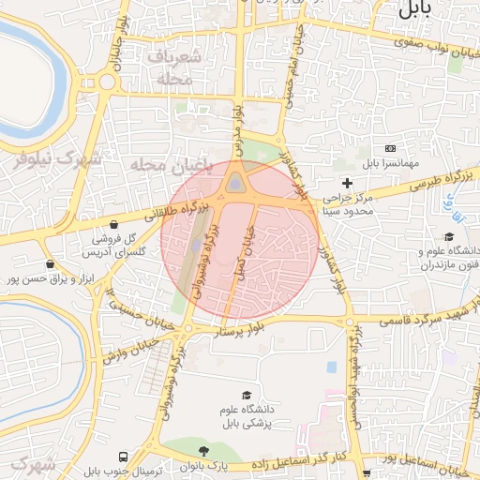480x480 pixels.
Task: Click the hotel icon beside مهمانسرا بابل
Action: (x=390, y=149)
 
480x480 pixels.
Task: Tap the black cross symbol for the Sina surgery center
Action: (x=348, y=183)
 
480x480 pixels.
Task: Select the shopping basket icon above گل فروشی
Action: (x=113, y=225)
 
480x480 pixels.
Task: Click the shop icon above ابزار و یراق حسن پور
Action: (x=50, y=264)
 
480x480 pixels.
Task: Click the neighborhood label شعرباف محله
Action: (x=173, y=68)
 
